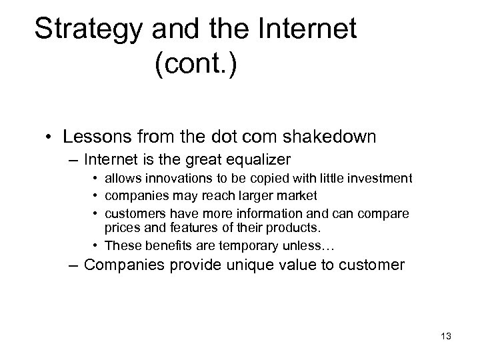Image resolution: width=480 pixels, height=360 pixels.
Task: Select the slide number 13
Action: click(445, 336)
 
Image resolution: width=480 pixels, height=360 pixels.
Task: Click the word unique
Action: click(259, 264)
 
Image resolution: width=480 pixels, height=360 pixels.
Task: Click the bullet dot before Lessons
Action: click(50, 138)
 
